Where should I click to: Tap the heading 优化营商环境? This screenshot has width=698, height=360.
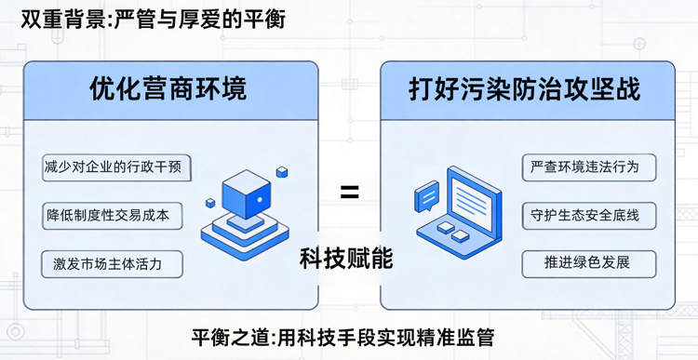tap(168, 90)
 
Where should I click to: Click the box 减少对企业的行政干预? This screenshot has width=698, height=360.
tap(117, 169)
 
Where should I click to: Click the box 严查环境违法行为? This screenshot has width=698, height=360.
tap(588, 167)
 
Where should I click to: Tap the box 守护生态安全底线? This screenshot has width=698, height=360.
tap(588, 215)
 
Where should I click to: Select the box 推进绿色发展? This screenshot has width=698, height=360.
tap(588, 262)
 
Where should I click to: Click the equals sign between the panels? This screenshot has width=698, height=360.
tap(349, 193)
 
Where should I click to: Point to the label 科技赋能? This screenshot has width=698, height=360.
tap(346, 258)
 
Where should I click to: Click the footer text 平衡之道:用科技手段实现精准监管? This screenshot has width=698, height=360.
tap(349, 337)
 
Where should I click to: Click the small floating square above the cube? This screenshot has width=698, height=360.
tap(282, 172)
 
